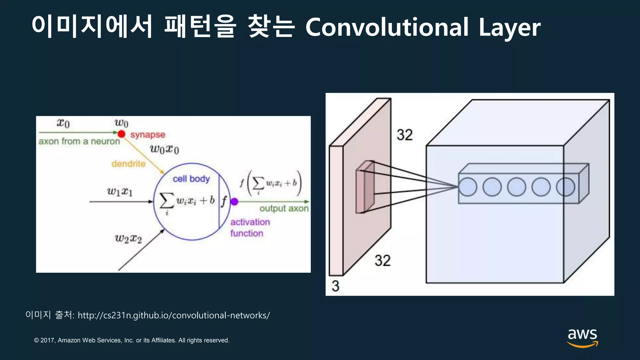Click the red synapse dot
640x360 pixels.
(x=121, y=134)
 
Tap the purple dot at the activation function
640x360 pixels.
(x=234, y=202)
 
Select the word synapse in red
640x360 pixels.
(x=147, y=135)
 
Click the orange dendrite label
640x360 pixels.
(x=128, y=164)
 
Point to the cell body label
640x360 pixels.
(x=191, y=179)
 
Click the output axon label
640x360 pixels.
(x=284, y=208)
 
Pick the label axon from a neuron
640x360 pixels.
(x=79, y=142)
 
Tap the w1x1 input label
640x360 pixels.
(x=120, y=191)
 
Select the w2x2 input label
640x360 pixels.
(x=128, y=239)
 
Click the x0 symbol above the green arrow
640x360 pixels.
(x=63, y=123)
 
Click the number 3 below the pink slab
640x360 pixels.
(x=335, y=286)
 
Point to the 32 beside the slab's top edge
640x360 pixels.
(x=405, y=135)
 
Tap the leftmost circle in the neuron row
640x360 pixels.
(x=468, y=187)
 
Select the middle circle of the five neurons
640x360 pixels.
(x=517, y=187)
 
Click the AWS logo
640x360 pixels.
(x=582, y=337)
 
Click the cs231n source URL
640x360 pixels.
(x=174, y=315)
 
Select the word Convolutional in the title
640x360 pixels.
(x=387, y=27)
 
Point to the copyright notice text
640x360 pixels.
(x=132, y=340)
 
